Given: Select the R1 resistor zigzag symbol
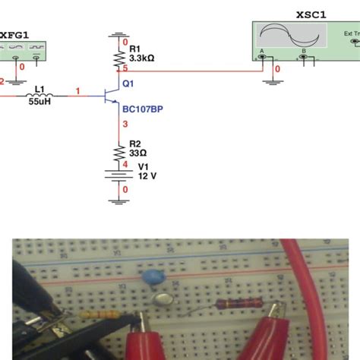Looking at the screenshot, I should [x=118, y=58].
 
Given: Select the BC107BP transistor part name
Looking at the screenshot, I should [x=141, y=109].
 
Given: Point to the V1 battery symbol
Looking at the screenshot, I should [x=118, y=174].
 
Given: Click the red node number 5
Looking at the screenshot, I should [x=125, y=70].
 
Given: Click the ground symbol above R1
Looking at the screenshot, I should [x=118, y=35].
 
